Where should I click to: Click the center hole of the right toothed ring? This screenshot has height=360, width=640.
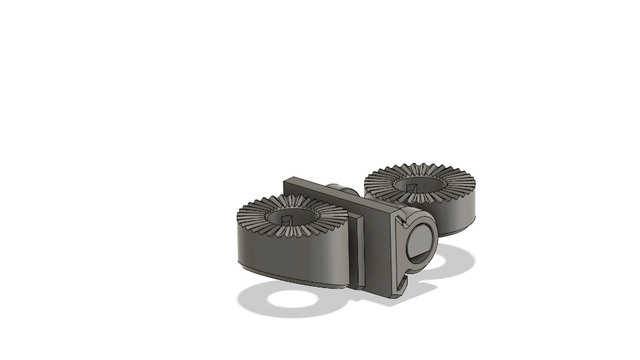pos(419,183)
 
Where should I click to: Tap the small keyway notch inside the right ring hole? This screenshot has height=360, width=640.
pos(412,187)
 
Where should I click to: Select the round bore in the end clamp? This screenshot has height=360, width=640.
pos(420,243)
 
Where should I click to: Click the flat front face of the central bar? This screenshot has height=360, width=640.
pos(379,253)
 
